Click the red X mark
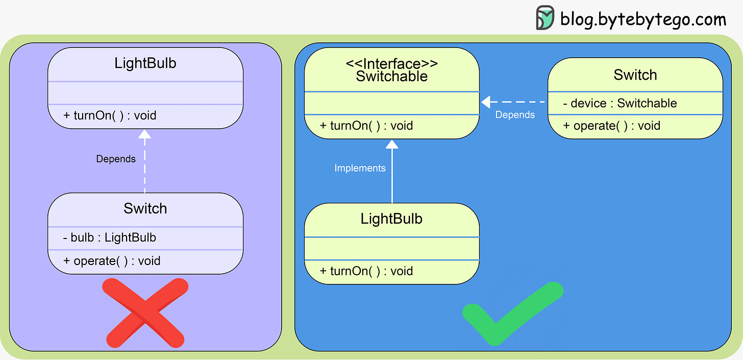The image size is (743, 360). coord(144,312)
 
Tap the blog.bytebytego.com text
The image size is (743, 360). coord(642,19)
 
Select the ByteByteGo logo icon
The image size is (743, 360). coord(544,18)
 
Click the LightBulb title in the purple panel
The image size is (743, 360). coord(145,64)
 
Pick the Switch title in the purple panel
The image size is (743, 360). coord(145,208)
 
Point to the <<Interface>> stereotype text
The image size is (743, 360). coord(391,64)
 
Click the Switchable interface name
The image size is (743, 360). coord(391,77)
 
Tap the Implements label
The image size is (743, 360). coord(360,168)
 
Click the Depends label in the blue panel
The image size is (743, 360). coord(515,115)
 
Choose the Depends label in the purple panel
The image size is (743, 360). coord(116,159)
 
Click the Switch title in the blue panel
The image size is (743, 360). coord(635,75)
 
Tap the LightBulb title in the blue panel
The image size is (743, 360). coord(391,219)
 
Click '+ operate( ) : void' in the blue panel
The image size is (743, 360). coord(611,126)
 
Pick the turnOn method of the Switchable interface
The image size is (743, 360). coord(366,126)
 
